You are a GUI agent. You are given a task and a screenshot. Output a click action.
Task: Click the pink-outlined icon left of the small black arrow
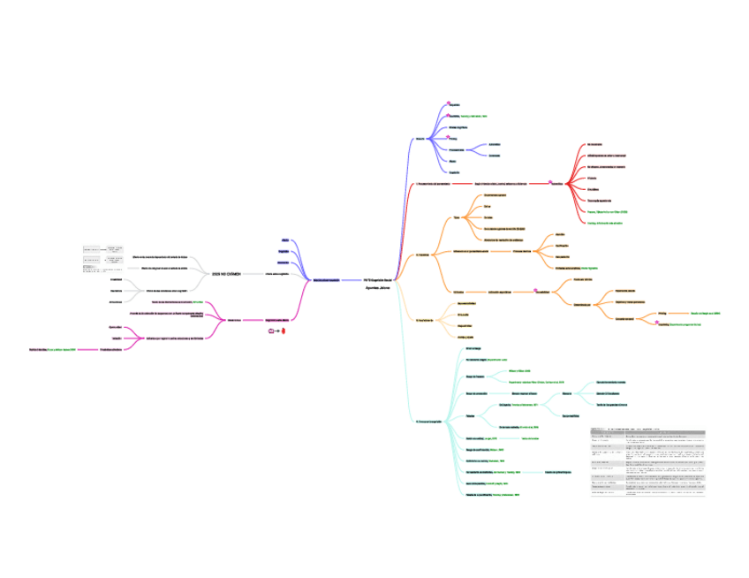click(271, 331)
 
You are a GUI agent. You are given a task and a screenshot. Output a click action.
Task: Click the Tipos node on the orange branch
click(457, 217)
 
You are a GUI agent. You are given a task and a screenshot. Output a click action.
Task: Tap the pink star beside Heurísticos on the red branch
click(551, 183)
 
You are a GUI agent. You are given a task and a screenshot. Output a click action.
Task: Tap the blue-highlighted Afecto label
click(284, 240)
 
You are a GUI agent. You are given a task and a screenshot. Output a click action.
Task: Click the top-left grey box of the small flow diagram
click(91, 250)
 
